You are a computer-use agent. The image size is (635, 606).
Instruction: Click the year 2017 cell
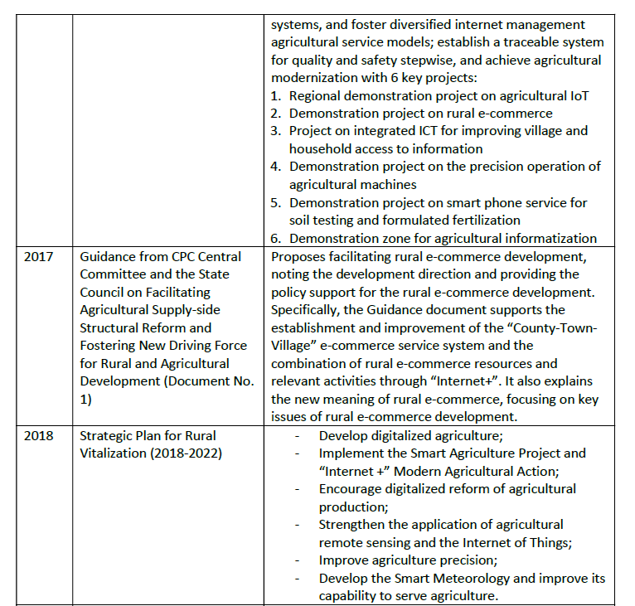[38, 257]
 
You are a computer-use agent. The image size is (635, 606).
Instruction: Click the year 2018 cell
[38, 436]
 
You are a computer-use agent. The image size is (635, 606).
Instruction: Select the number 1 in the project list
[277, 96]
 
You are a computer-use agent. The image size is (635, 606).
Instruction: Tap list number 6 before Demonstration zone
[277, 239]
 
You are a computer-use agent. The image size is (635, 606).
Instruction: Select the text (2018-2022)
[182, 453]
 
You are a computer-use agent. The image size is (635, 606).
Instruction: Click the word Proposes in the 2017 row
[302, 257]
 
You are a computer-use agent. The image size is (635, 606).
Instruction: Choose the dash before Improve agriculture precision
[298, 560]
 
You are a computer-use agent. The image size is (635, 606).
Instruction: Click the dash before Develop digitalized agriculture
[298, 436]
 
